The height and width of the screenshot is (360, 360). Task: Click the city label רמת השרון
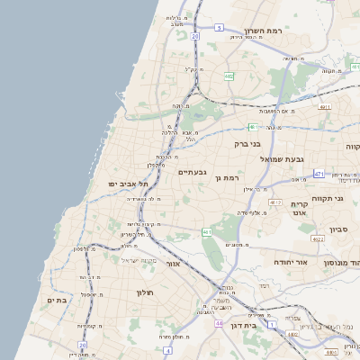(x=265, y=31)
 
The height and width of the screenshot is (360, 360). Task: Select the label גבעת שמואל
(x=255, y=159)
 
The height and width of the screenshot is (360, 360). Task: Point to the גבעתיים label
(x=193, y=172)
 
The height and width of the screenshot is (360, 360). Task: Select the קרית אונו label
(x=301, y=209)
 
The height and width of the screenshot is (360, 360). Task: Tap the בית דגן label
(x=244, y=326)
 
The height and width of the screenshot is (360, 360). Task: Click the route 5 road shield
(x=219, y=28)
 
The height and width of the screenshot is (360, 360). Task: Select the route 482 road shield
(x=229, y=77)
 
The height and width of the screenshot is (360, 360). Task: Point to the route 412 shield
(x=275, y=202)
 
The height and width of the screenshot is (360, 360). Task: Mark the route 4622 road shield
(x=317, y=239)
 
